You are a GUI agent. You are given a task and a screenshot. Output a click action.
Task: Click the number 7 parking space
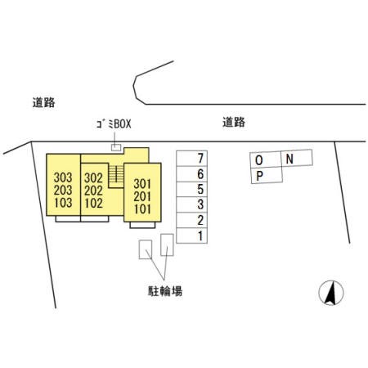(191, 158)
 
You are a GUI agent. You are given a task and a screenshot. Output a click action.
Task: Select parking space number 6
(191, 173)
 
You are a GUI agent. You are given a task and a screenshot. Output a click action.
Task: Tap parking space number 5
(191, 189)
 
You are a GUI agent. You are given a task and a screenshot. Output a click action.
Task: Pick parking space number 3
(191, 204)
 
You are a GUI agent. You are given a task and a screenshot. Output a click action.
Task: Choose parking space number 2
(191, 220)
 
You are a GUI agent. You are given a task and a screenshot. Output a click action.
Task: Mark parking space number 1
(191, 236)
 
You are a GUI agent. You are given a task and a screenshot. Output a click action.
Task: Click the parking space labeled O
(266, 159)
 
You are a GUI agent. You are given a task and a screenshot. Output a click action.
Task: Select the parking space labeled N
(297, 158)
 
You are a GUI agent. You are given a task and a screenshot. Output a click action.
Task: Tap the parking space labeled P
(267, 176)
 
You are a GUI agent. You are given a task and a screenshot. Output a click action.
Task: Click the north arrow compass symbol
(331, 293)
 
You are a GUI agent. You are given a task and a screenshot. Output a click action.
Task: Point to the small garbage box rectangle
(116, 147)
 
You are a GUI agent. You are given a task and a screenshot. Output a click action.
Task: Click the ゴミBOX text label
(114, 124)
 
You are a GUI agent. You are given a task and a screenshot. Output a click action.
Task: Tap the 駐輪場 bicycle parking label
(165, 291)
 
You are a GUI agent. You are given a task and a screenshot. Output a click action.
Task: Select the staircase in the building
(116, 176)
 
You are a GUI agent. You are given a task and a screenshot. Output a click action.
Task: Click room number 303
(63, 177)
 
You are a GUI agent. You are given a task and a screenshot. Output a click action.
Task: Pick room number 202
(93, 191)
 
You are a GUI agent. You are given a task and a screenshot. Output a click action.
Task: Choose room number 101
(142, 209)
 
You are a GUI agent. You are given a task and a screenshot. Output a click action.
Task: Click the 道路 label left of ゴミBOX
(43, 102)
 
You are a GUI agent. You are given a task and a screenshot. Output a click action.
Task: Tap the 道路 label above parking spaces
(234, 122)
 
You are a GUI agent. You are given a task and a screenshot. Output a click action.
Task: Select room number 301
(142, 184)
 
